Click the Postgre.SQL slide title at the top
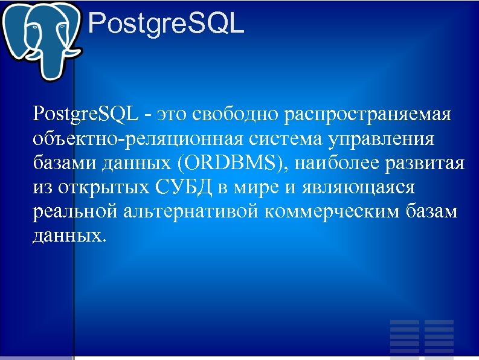[166, 25]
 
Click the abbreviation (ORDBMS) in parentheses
[225, 164]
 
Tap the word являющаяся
[358, 188]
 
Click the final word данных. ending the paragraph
[70, 236]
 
